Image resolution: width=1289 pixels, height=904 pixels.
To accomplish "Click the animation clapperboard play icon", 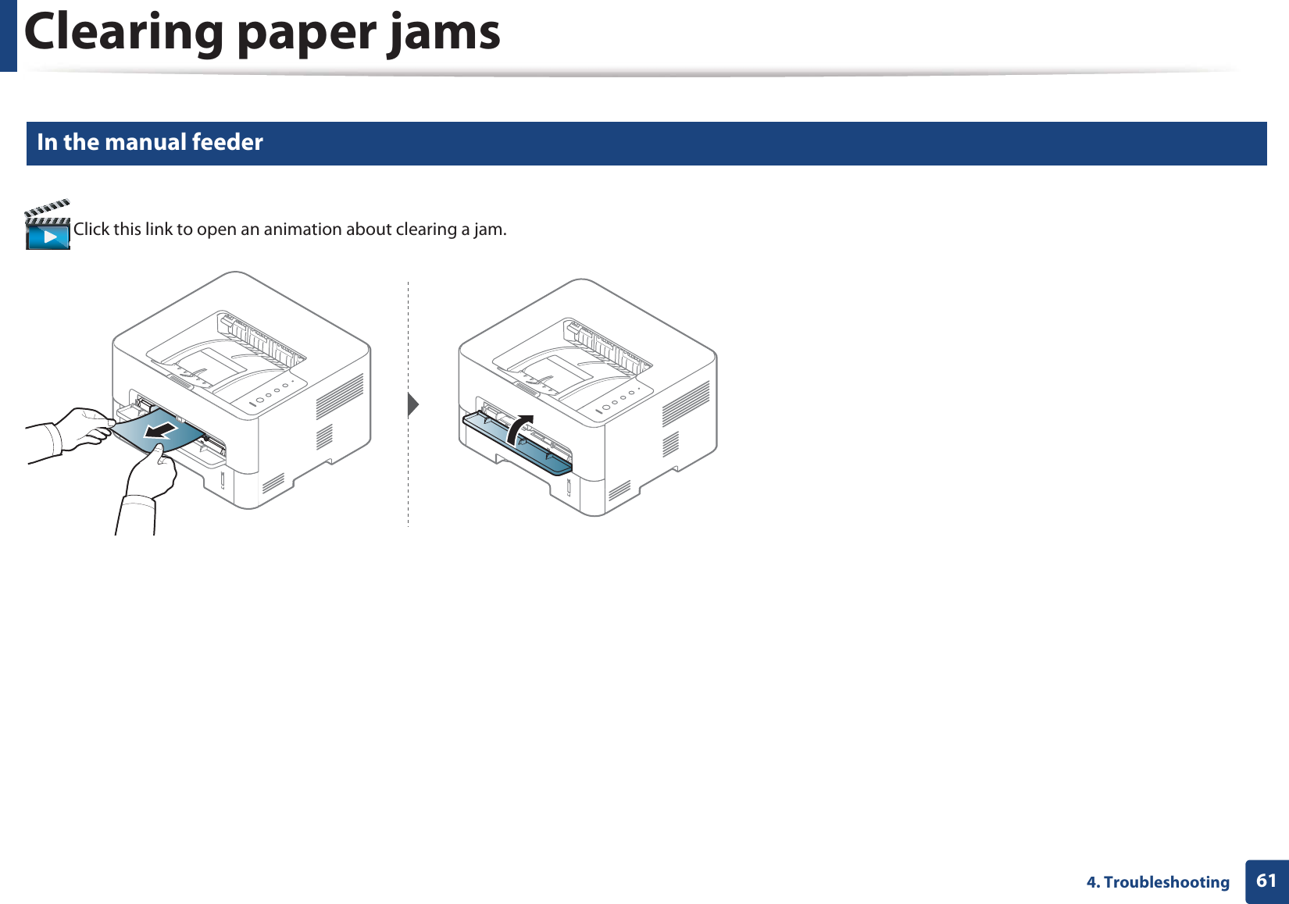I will coord(48,227).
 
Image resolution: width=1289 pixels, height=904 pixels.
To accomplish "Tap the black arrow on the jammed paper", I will coord(163,430).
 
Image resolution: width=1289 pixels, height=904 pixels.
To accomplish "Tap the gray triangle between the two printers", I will coord(413,404).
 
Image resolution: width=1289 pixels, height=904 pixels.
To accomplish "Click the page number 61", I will coord(1266,881).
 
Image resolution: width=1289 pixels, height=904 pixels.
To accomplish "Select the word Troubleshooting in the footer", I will coord(1166,882).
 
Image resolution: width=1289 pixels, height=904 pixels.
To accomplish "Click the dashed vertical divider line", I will coord(408,484).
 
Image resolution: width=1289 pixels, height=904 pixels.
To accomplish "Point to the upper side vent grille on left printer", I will coord(339,395).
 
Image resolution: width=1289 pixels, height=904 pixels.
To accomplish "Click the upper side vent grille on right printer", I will coord(685,403).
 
